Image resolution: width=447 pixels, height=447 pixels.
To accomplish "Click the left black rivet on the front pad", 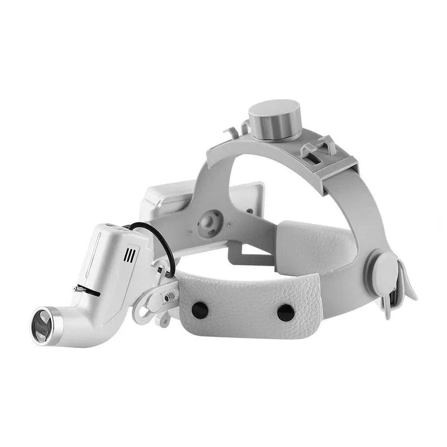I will (199, 308).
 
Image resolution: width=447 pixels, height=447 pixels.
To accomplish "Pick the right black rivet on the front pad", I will (286, 312).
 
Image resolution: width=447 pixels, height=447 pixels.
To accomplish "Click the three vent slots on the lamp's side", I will (130, 255).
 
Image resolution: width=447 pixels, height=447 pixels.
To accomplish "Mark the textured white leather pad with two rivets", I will (246, 305).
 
